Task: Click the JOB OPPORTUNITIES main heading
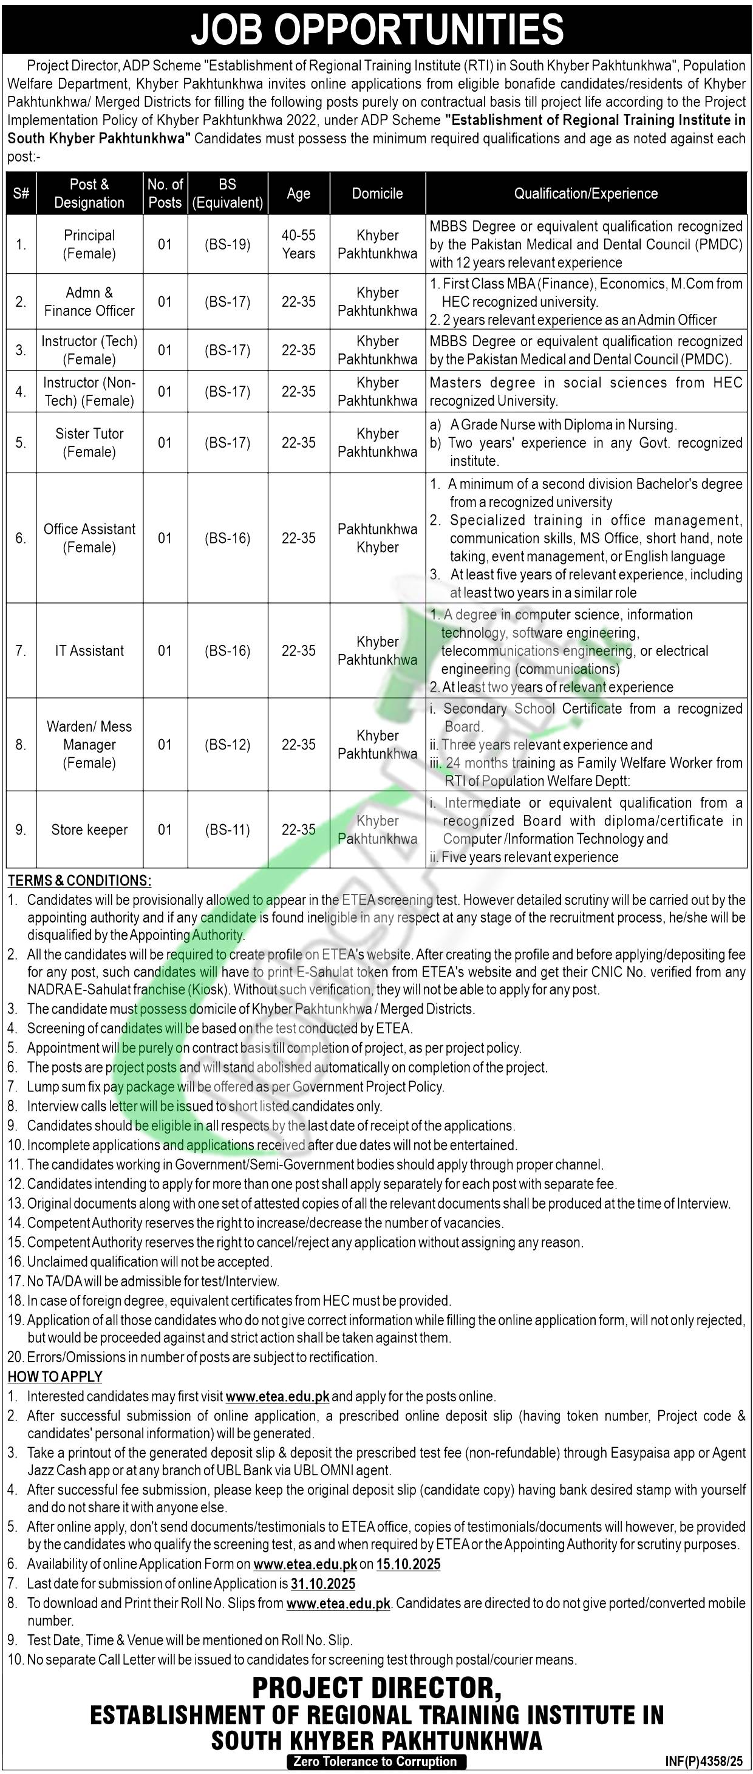[x=376, y=29]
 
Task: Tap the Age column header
[x=298, y=194]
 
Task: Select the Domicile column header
[x=377, y=194]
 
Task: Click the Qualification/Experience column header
[x=586, y=194]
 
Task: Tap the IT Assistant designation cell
[x=89, y=651]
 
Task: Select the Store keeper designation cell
[x=89, y=830]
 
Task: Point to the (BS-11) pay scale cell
[x=227, y=830]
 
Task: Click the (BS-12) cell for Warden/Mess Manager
[x=227, y=745]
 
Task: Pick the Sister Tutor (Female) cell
[x=89, y=443]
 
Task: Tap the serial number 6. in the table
[x=21, y=538]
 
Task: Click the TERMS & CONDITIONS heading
[x=80, y=880]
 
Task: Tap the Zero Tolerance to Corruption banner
[x=375, y=1761]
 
